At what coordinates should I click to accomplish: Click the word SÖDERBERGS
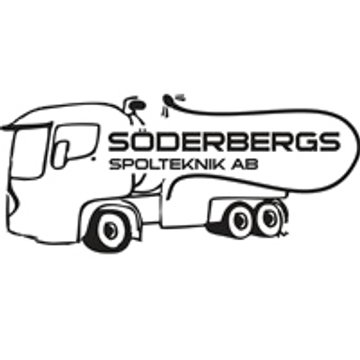point(223,141)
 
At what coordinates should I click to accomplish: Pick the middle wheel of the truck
point(240,219)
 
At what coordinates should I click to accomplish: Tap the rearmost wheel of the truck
point(269,217)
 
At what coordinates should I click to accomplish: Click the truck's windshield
point(28,152)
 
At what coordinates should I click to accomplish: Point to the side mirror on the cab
point(60,153)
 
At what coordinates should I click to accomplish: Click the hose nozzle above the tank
point(172,99)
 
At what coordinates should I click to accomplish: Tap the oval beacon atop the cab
point(137,105)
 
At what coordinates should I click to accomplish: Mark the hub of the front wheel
point(110,230)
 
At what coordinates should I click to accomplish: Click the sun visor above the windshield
point(25,126)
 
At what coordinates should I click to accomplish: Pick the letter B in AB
point(253,164)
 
